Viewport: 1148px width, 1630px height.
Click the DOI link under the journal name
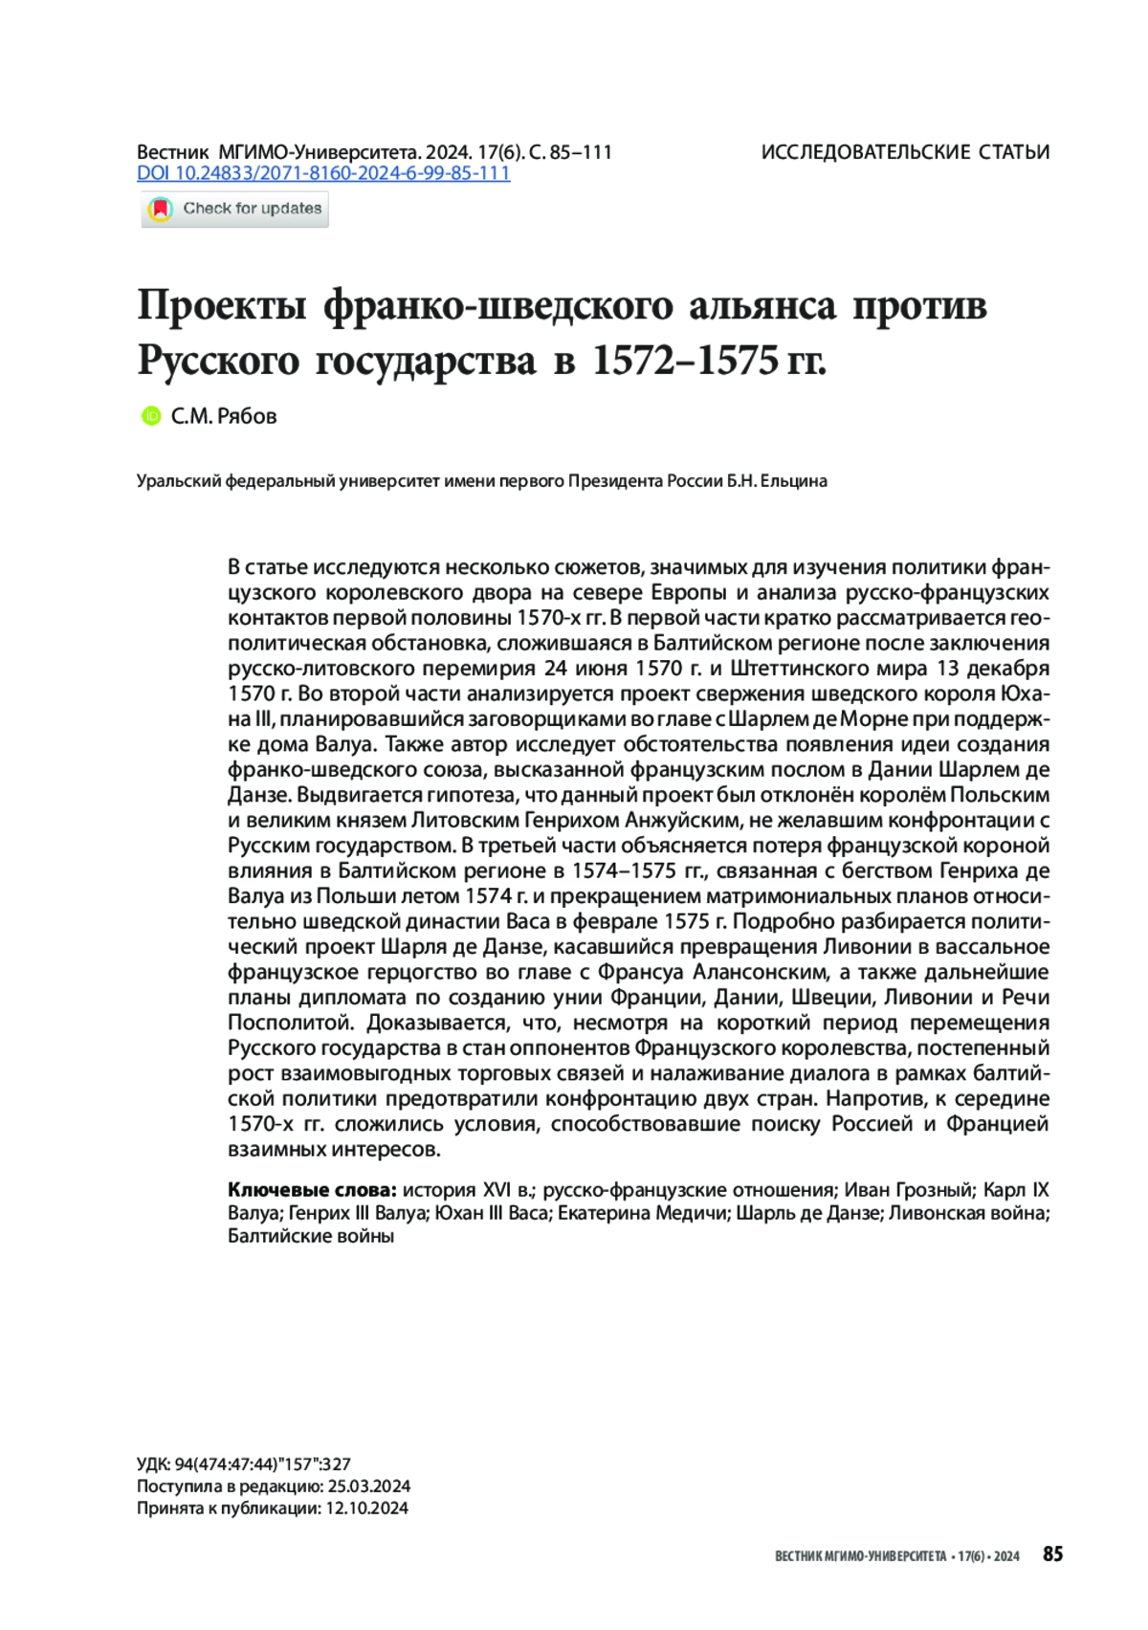(323, 173)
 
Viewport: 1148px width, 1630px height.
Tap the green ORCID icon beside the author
(150, 416)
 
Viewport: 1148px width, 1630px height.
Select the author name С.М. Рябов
(224, 416)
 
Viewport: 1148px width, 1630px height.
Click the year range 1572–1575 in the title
(683, 361)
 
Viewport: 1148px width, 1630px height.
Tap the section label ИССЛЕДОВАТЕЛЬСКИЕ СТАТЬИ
(905, 152)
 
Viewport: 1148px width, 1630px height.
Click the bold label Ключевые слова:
(312, 1190)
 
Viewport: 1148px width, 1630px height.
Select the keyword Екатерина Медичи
(642, 1213)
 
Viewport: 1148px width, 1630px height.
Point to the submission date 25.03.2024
(369, 1487)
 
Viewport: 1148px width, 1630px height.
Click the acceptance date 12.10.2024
(367, 1509)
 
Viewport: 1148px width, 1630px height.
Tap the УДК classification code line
(244, 1464)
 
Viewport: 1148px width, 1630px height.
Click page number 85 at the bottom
(1052, 1554)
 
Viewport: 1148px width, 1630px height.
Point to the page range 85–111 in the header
(584, 152)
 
